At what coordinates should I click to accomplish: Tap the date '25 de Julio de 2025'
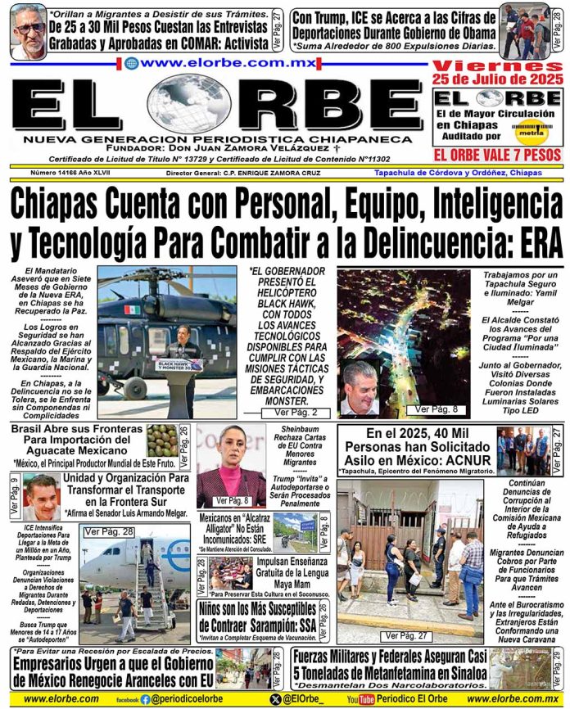click(499, 79)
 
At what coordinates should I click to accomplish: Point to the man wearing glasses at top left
click(29, 31)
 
